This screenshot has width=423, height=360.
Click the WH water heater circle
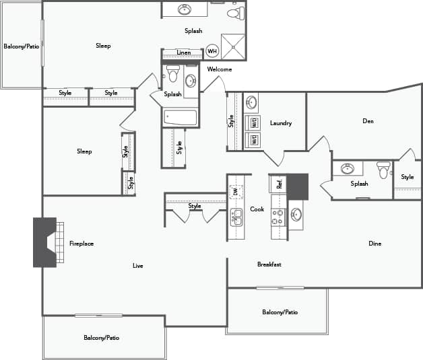(x=212, y=51)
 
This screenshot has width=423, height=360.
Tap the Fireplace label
(x=82, y=244)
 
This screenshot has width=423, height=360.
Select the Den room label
(x=368, y=121)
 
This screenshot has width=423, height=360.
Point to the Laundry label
(x=280, y=123)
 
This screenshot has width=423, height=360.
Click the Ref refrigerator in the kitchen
(x=279, y=184)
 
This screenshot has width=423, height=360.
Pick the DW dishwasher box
(x=236, y=192)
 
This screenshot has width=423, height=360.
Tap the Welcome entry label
(x=220, y=69)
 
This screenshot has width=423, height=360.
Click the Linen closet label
(x=183, y=52)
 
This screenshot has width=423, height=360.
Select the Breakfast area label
(x=269, y=264)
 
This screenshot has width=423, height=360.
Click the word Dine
(x=375, y=244)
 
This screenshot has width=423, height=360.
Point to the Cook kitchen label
(x=257, y=209)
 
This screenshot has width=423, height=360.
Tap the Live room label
(x=137, y=266)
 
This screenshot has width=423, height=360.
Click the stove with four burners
(x=279, y=216)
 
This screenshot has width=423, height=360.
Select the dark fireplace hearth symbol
(x=45, y=242)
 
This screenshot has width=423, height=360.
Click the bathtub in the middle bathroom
(x=181, y=118)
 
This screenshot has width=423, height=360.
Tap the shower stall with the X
(x=234, y=46)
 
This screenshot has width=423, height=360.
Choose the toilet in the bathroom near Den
(x=383, y=170)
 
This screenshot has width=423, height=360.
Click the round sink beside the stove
(x=297, y=215)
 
